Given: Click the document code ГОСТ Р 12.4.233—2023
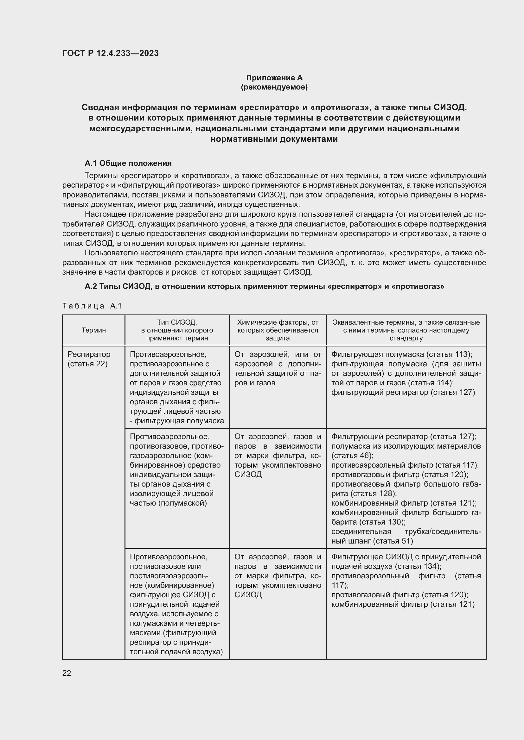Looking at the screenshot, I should [x=110, y=53].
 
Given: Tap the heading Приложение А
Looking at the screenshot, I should [x=274, y=78].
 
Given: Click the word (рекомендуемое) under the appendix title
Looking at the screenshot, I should [x=274, y=87].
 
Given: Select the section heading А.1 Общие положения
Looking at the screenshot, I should [x=128, y=163].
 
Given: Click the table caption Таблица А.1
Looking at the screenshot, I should [x=92, y=306].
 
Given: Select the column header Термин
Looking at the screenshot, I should [x=93, y=330].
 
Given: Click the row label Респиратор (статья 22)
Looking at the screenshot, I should [x=89, y=359].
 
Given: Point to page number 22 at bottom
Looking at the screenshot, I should [x=67, y=673].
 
